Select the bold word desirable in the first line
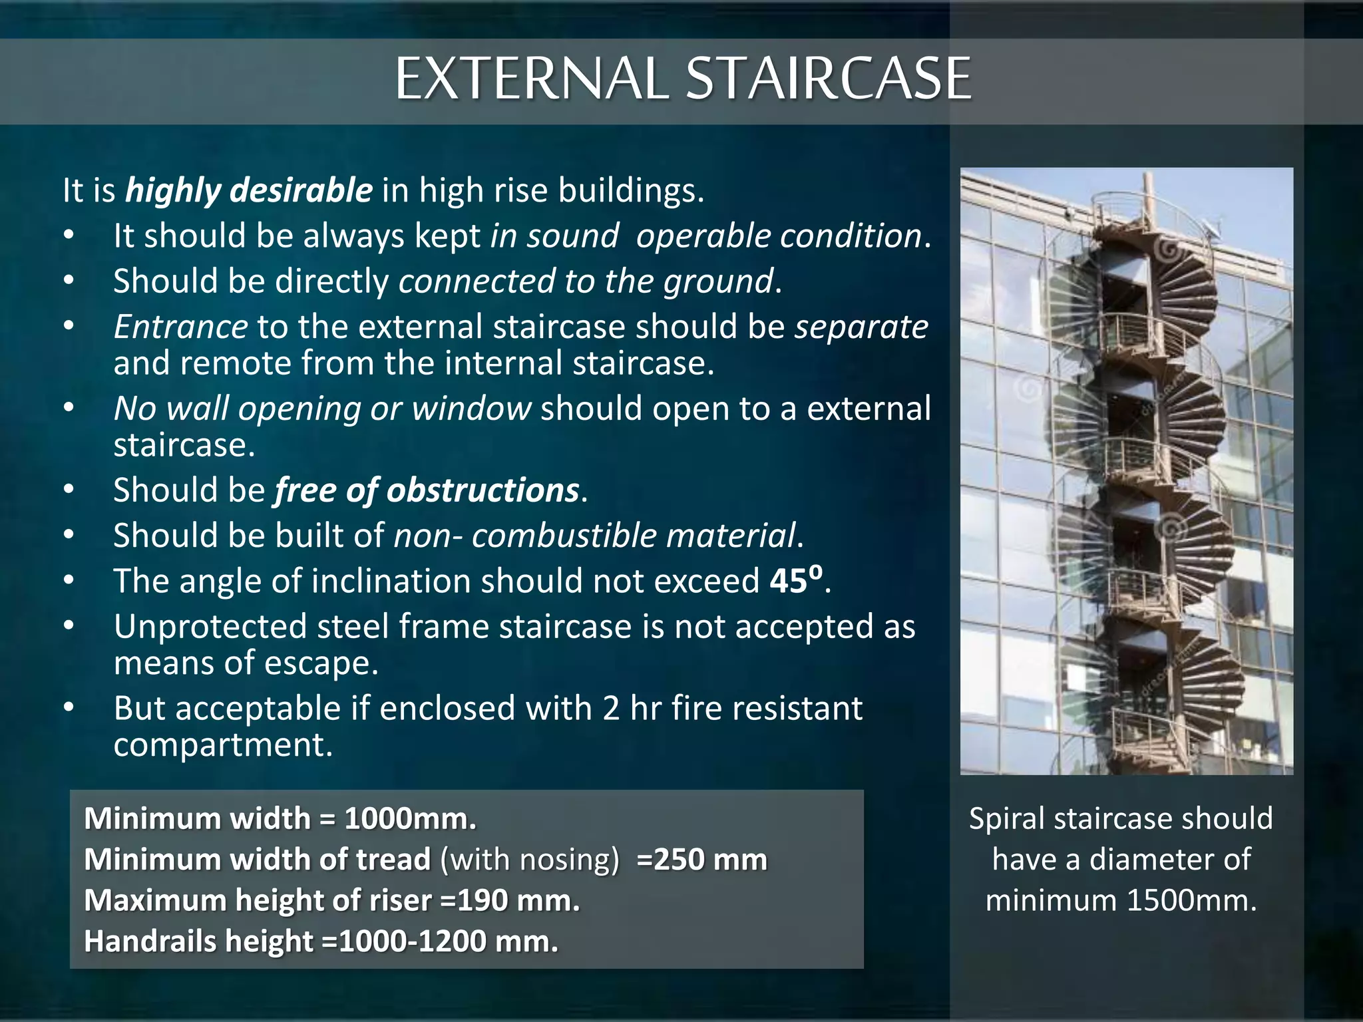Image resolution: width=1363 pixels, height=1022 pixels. (x=301, y=190)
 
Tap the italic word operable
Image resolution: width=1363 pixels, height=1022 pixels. (x=702, y=236)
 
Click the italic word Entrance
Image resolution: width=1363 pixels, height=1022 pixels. (x=180, y=327)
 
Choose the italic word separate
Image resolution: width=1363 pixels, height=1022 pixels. (x=861, y=327)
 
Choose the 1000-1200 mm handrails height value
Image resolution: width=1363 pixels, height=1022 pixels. (x=447, y=942)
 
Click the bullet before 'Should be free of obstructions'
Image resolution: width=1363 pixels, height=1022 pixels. (x=69, y=490)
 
